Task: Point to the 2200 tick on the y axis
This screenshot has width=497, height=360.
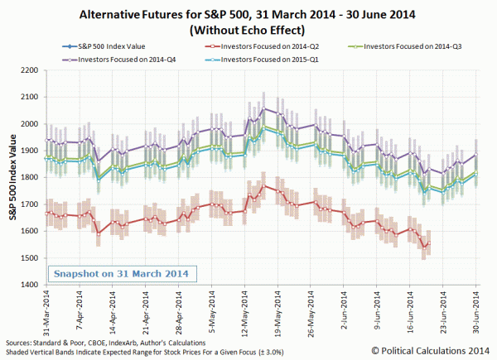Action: pos(31,71)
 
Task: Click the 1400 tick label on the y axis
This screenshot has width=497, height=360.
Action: pos(31,285)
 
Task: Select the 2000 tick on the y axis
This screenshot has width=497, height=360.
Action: pos(31,124)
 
